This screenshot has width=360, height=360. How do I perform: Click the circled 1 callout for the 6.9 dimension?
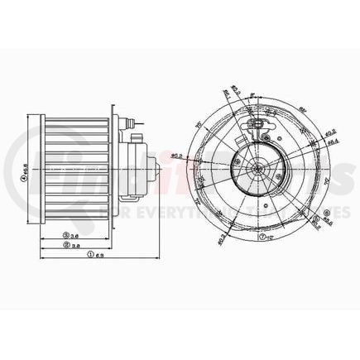(x=89, y=254)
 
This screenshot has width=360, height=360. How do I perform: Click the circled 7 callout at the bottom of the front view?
(x=262, y=236)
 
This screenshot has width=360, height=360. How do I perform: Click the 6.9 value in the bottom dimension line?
(x=99, y=254)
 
